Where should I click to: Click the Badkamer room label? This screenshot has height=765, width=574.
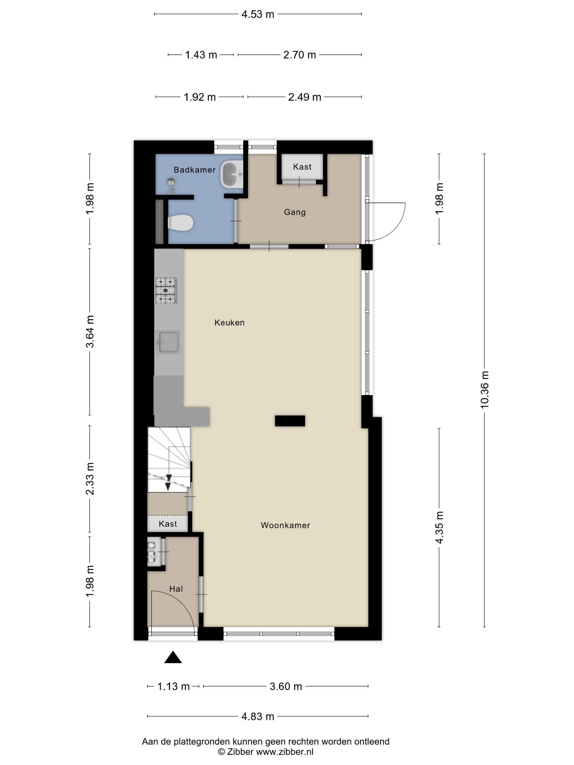(x=194, y=170)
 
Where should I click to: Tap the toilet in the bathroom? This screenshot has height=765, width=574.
(x=180, y=223)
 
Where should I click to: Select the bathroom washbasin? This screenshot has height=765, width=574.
(x=232, y=175)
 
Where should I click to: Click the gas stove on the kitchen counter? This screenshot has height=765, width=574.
(x=166, y=290)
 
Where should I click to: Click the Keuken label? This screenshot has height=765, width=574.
(x=229, y=323)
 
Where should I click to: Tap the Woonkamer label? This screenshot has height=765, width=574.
(x=285, y=525)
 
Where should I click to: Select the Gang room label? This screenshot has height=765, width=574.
(x=295, y=212)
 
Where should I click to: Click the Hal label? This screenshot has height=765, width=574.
(x=176, y=589)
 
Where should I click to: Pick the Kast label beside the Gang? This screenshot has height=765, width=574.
(x=302, y=167)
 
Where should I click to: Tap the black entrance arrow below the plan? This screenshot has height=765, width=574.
(x=173, y=657)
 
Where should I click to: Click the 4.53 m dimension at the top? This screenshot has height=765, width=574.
(x=258, y=14)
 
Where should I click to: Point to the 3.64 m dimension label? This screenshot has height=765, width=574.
(x=90, y=331)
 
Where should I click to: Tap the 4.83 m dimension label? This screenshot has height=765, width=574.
(x=258, y=716)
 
